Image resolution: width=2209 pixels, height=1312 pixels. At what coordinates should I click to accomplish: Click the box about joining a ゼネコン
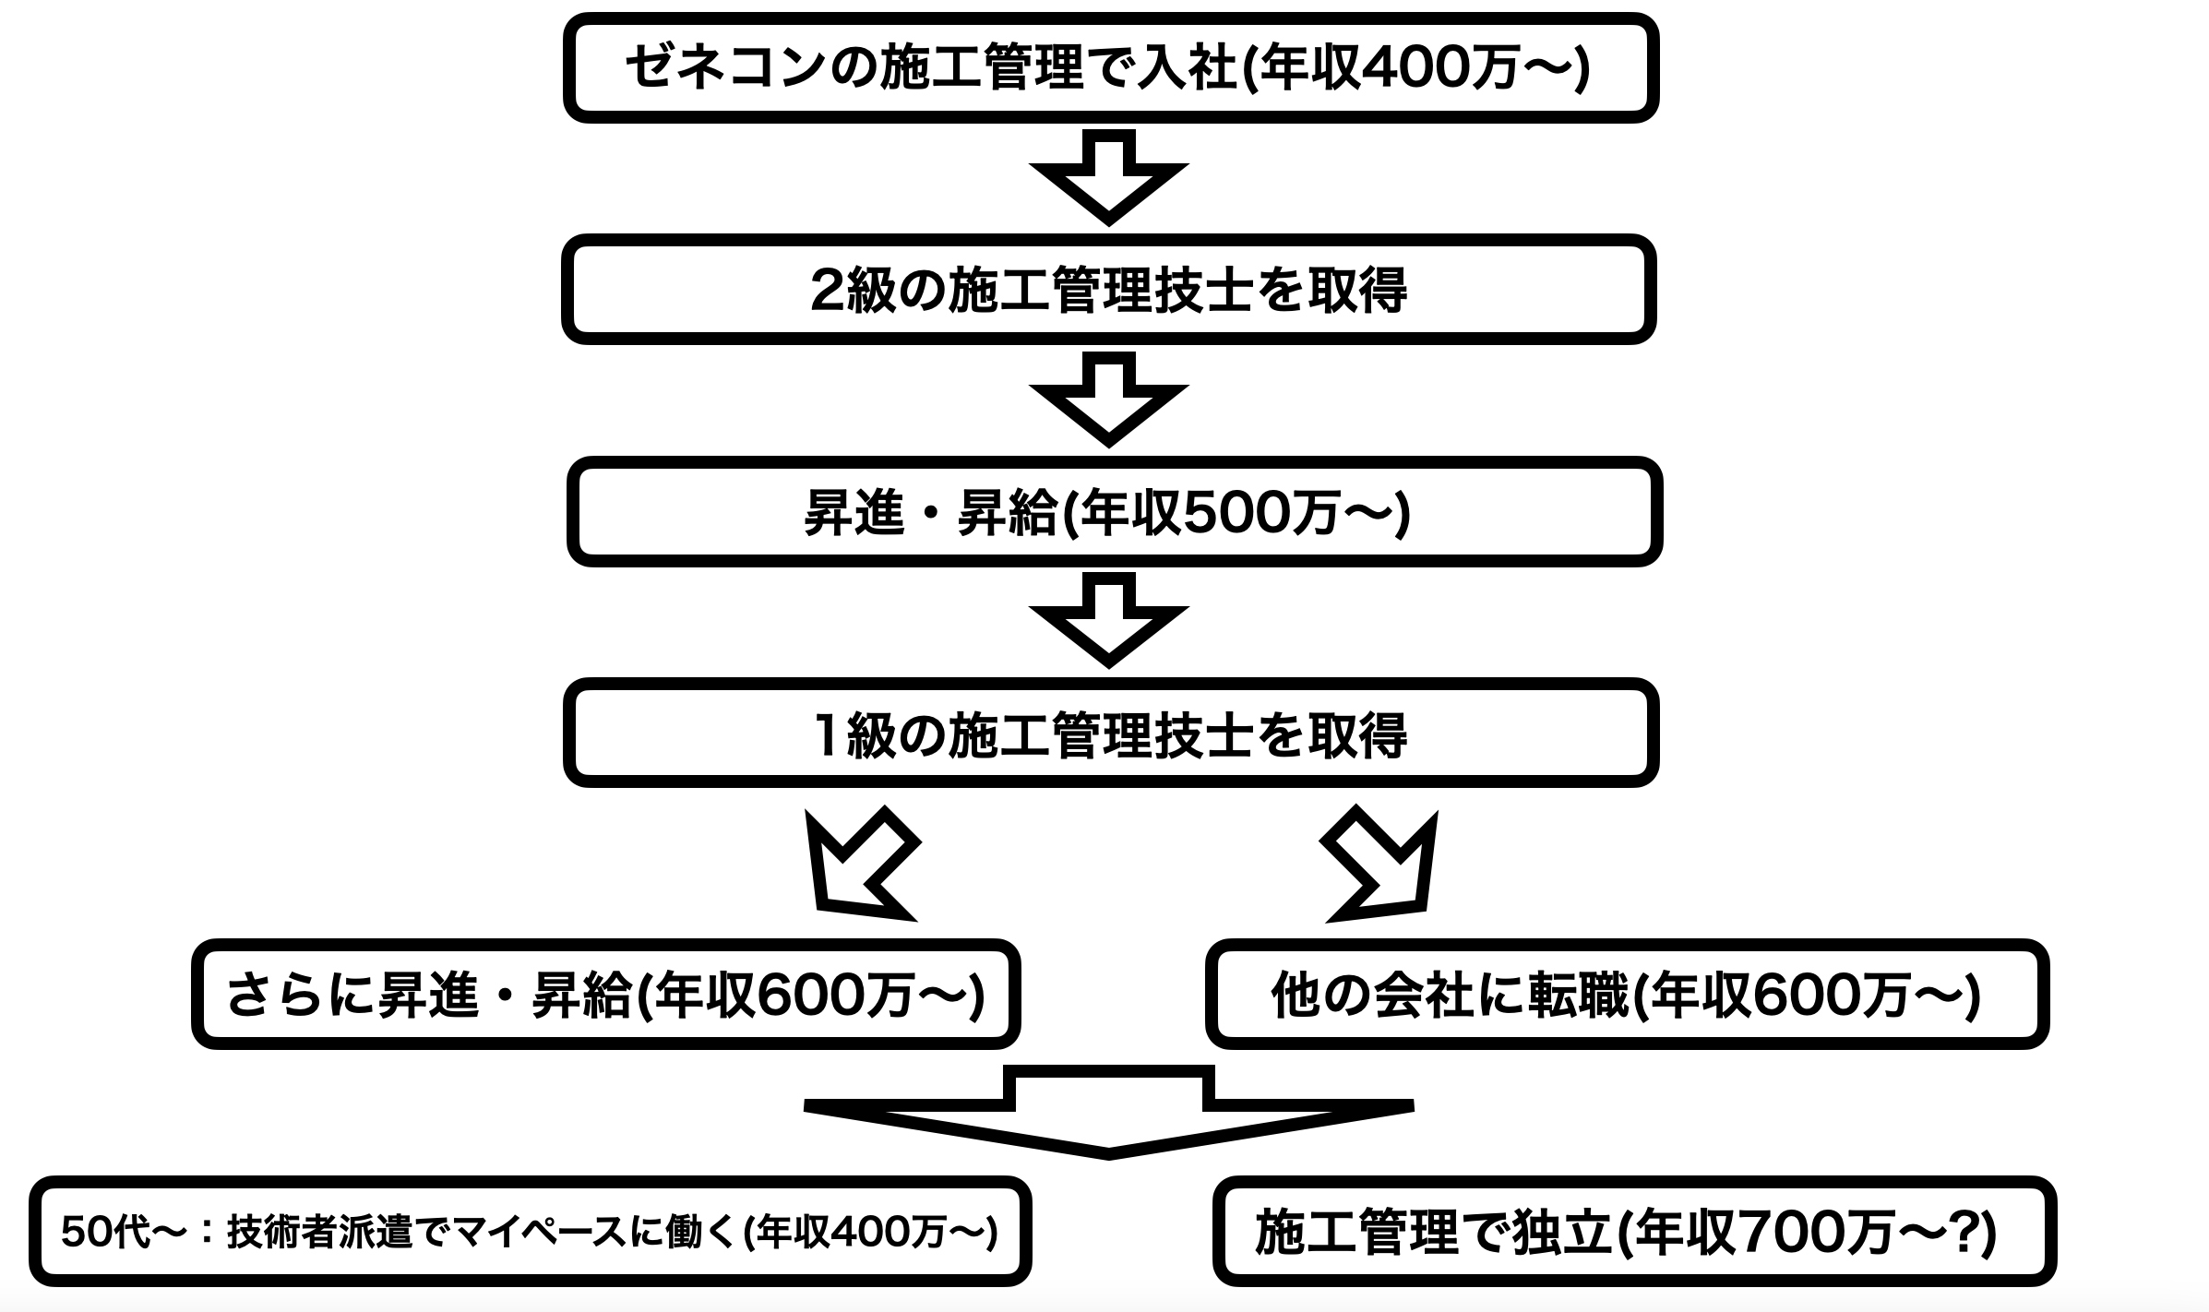click(x=1110, y=67)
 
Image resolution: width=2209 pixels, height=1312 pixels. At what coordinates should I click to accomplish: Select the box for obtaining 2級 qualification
click(x=1108, y=290)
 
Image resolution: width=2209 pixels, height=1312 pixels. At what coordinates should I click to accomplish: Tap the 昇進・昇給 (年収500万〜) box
click(x=1114, y=512)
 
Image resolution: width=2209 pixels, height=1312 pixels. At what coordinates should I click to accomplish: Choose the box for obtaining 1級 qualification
click(x=1110, y=734)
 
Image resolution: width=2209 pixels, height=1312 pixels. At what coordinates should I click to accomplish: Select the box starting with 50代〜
click(x=530, y=1232)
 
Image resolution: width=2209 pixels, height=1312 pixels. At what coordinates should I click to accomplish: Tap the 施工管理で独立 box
click(x=1633, y=1232)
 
